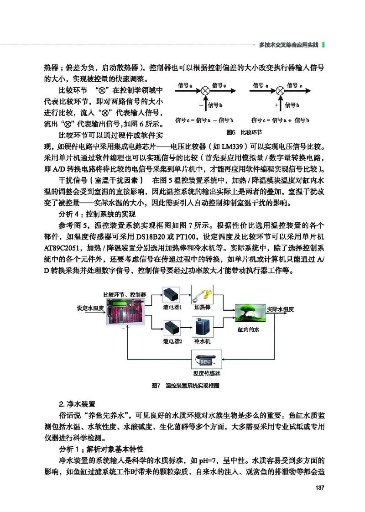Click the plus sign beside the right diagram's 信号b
[276, 104]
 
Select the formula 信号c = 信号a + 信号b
[281, 120]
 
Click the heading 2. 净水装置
[77, 404]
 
